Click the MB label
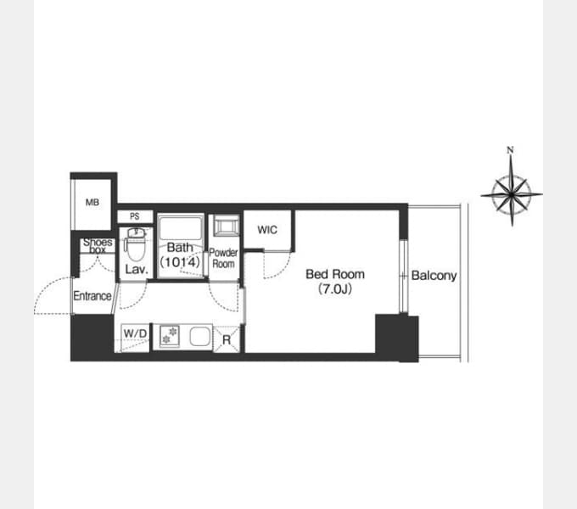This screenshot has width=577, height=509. [92, 202]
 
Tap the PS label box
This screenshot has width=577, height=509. [135, 216]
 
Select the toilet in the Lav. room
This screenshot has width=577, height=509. [136, 244]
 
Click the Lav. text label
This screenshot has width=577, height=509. [137, 270]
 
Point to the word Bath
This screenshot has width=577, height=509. [180, 247]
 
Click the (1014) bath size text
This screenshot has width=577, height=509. [180, 262]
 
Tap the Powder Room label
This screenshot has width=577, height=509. [223, 258]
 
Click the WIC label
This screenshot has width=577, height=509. [267, 230]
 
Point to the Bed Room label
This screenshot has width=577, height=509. [335, 274]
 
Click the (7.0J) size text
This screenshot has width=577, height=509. [335, 289]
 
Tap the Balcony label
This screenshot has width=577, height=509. [434, 276]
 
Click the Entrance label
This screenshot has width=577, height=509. [92, 296]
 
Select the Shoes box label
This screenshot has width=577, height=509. [98, 246]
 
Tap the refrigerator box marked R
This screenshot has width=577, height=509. [227, 339]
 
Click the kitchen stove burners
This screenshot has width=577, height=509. [170, 336]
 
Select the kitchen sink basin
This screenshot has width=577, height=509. [200, 336]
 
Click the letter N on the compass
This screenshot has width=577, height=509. [510, 149]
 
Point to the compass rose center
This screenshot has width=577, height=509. [512, 193]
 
